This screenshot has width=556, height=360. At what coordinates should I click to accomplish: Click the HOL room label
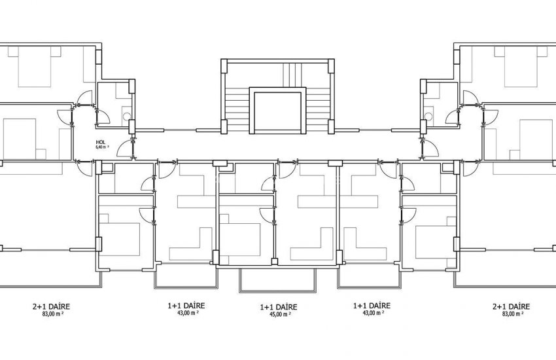coord(101,142)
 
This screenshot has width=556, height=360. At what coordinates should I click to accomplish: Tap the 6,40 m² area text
coord(102,147)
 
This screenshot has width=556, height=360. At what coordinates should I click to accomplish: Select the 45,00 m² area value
coord(280,314)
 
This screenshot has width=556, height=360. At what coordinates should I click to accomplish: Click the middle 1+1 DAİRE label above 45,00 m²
coord(279,307)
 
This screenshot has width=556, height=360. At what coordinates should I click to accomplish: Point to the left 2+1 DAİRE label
coord(51,306)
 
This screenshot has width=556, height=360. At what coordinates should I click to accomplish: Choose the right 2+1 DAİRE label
coord(512,306)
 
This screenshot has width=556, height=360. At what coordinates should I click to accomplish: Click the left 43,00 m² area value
coord(188,312)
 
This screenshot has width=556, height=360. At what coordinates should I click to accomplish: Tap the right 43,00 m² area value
coord(373,312)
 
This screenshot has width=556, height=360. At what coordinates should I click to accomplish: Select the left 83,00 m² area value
coord(52,314)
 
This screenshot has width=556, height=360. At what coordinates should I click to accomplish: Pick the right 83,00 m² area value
coord(513,314)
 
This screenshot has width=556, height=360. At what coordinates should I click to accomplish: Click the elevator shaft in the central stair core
coord(277,111)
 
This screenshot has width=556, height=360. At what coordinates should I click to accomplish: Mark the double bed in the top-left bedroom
coord(35,67)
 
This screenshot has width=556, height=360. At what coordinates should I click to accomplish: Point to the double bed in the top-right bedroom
coord(521,67)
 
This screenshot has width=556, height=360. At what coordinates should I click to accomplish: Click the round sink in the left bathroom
coord(127,116)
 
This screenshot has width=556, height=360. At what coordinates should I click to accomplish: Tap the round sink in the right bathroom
coord(428,116)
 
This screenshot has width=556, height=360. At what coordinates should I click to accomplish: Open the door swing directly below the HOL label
coord(124,149)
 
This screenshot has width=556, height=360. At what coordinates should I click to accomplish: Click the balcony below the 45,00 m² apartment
coord(277,280)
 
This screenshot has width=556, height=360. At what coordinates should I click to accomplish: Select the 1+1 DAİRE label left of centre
coord(186,306)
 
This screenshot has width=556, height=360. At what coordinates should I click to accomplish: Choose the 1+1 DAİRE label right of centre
coord(372,306)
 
